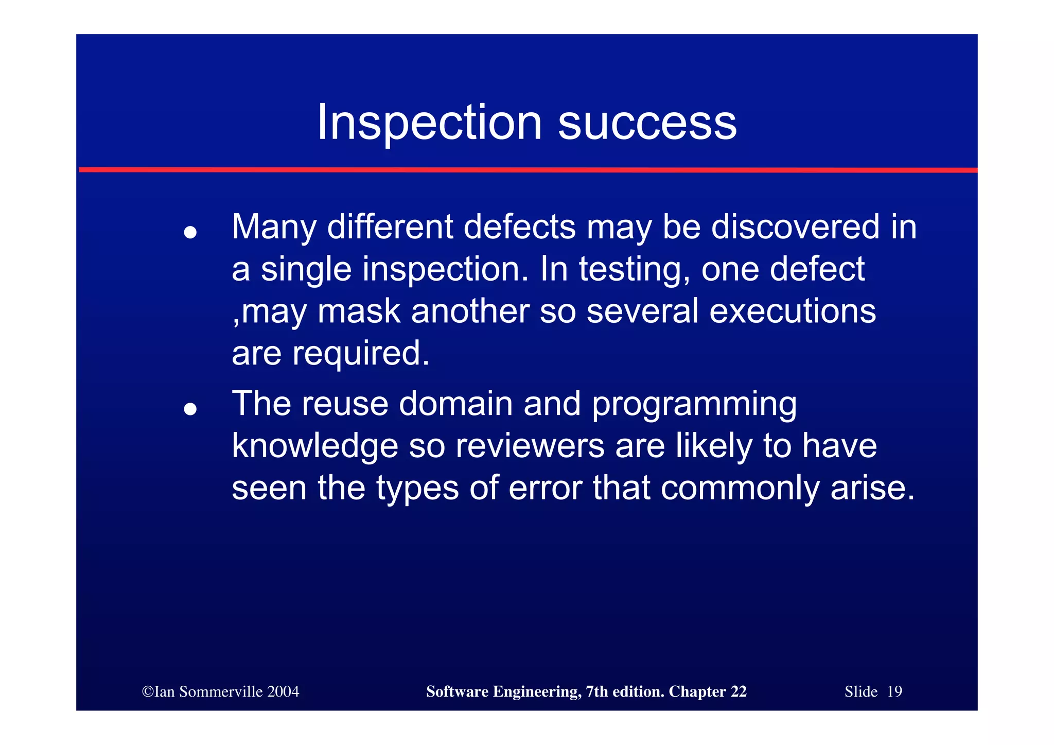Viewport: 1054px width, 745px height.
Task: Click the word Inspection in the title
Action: [x=429, y=123]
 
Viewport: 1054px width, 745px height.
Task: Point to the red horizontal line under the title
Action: [x=528, y=169]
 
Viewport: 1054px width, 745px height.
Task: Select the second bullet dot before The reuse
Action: [x=190, y=409]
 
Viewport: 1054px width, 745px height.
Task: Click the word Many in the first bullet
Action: [x=274, y=228]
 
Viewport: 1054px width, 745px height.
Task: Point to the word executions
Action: [x=793, y=311]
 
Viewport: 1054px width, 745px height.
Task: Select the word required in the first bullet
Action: [x=360, y=354]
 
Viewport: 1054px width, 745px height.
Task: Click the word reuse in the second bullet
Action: [x=345, y=404]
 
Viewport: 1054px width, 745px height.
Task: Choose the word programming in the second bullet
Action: [x=694, y=405]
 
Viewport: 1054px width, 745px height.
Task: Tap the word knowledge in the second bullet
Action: [x=315, y=446]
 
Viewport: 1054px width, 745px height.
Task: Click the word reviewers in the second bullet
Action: [x=530, y=446]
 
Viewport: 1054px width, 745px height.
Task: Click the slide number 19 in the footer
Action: [x=894, y=691]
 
